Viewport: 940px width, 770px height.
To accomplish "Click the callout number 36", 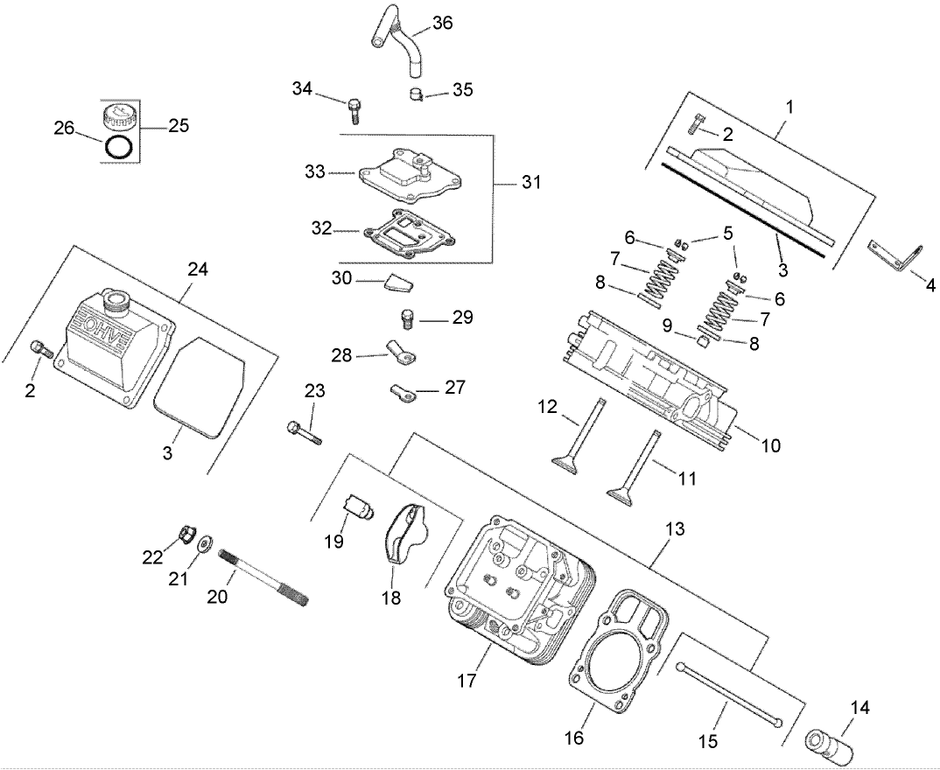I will (442, 24).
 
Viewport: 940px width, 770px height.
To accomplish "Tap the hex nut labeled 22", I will (186, 533).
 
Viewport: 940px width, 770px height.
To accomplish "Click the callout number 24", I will (196, 269).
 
